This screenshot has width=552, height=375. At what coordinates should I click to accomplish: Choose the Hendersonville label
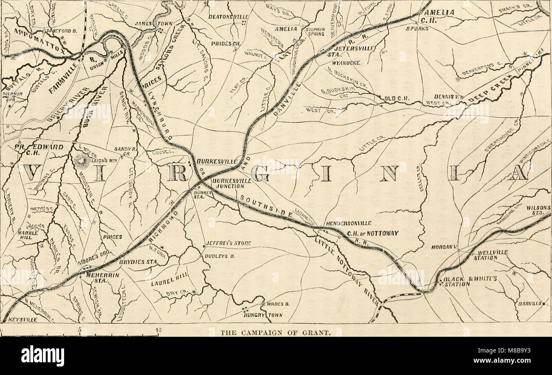click(349, 223)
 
